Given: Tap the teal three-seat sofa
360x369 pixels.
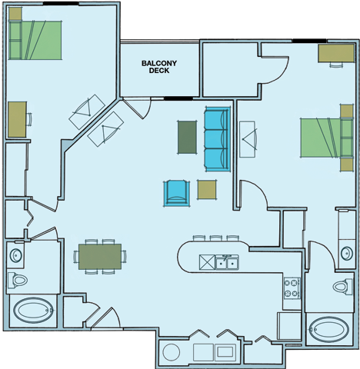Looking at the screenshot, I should click(217, 139).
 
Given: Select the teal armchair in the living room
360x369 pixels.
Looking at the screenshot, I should click(176, 191).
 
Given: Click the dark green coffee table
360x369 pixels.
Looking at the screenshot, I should click(187, 136).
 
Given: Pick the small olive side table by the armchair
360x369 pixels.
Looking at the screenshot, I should click(207, 189).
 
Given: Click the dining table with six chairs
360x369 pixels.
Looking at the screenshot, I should click(100, 256).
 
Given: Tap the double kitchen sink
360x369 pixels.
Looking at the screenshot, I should click(226, 263).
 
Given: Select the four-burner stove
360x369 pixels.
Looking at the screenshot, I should click(292, 288).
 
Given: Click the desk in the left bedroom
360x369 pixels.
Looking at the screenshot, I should click(17, 119).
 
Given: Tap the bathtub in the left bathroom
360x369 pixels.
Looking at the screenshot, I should click(32, 312).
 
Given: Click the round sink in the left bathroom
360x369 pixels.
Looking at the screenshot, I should click(15, 254).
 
